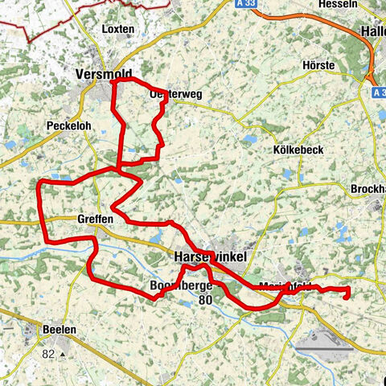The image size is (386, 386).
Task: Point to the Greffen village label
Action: [x=96, y=219]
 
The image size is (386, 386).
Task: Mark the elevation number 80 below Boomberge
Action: [x=207, y=301]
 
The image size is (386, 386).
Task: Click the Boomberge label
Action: [x=179, y=285]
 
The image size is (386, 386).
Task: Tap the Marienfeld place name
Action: [x=286, y=285]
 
